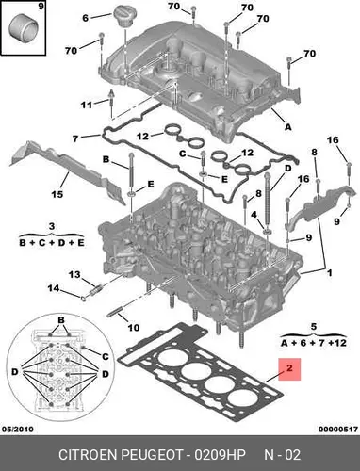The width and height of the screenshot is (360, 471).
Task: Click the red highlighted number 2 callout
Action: pyautogui.click(x=289, y=369)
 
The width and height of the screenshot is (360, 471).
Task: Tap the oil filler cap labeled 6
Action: pyautogui.click(x=123, y=17)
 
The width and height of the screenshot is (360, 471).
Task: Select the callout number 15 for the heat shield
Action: pyautogui.click(x=57, y=194)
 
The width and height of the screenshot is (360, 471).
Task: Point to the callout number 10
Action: pyautogui.click(x=133, y=328)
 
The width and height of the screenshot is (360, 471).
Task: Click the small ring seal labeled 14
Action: pyautogui.click(x=84, y=298)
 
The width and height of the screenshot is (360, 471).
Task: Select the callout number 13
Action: pyautogui.click(x=74, y=275)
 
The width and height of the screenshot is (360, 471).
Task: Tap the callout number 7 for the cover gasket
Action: pyautogui.click(x=75, y=138)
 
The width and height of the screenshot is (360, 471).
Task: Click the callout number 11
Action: pyautogui.click(x=87, y=105)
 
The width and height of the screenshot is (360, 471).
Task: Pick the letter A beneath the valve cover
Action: pyautogui.click(x=287, y=127)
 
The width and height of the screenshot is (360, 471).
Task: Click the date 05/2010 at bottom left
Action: pyautogui.click(x=17, y=429)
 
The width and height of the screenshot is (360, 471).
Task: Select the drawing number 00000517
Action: pyautogui.click(x=338, y=429)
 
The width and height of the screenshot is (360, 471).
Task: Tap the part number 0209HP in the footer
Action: pyautogui.click(x=220, y=455)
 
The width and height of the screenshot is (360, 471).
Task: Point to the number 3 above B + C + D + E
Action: pyautogui.click(x=52, y=226)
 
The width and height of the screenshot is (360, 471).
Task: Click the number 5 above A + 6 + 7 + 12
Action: pyautogui.click(x=314, y=327)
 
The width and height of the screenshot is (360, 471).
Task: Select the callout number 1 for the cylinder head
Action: pyautogui.click(x=329, y=273)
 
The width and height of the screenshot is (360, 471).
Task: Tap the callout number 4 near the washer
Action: pyautogui.click(x=254, y=215)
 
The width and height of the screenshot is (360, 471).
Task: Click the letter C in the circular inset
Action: pyautogui.click(x=106, y=357)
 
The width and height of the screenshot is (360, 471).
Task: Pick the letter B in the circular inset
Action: pyautogui.click(x=61, y=320)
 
